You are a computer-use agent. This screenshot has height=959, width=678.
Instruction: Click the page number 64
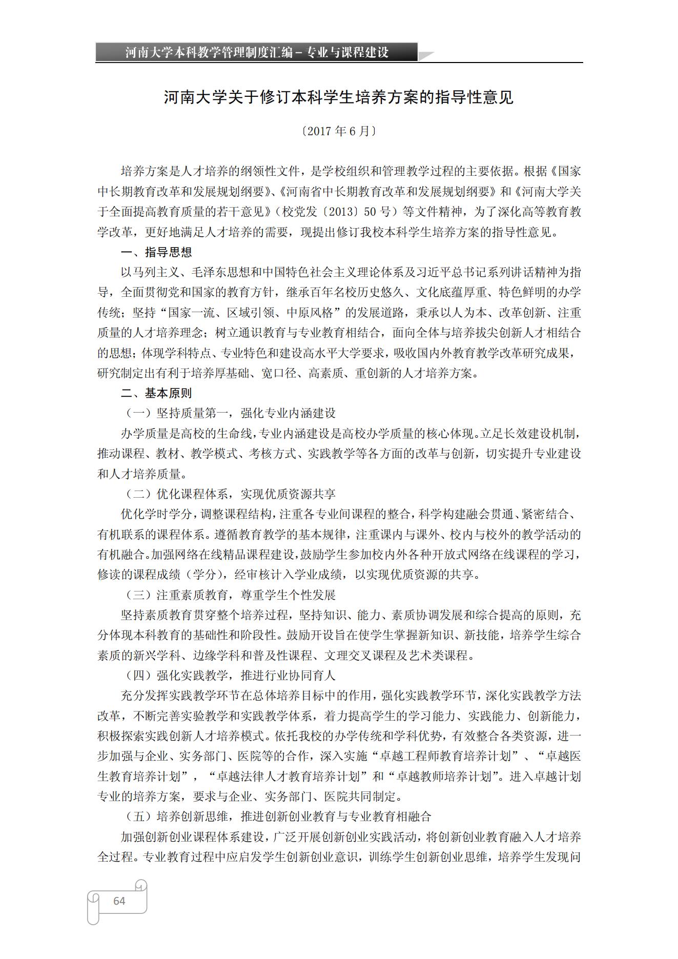[x=119, y=901]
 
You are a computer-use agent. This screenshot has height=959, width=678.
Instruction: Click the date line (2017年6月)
[x=339, y=131]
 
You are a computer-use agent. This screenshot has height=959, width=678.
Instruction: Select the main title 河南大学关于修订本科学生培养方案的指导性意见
[x=339, y=97]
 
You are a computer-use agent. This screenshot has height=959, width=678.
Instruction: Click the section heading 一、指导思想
[x=156, y=252]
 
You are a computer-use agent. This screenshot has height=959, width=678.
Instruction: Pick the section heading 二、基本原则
[x=156, y=393]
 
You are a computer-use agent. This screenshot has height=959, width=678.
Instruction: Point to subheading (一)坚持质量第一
[x=231, y=413]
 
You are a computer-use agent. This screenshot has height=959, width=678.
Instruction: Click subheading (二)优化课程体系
[x=231, y=494]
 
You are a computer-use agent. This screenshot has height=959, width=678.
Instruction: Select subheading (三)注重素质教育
[x=231, y=595]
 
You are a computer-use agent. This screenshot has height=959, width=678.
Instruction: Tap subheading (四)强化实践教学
[x=231, y=676]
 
